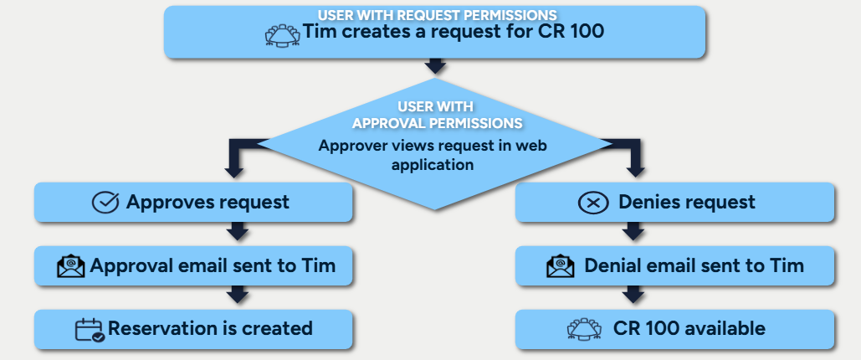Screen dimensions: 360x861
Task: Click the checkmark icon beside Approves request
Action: click(x=105, y=203)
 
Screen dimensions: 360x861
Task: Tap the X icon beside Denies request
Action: click(x=593, y=203)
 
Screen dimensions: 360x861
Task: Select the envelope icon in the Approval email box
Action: click(x=71, y=266)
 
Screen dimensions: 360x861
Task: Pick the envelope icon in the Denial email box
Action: click(x=560, y=266)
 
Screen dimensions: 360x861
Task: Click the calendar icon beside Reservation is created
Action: click(x=89, y=329)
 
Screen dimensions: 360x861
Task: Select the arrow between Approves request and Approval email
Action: click(x=238, y=231)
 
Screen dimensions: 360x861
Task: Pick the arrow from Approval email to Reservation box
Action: click(x=238, y=294)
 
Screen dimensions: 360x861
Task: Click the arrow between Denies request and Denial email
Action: click(x=634, y=231)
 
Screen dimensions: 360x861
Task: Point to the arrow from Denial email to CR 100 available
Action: click(x=634, y=294)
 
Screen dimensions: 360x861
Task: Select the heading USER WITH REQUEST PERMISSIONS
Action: click(x=437, y=15)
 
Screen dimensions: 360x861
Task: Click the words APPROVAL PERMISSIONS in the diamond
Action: click(x=438, y=123)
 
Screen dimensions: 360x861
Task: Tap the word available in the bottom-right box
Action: click(x=725, y=329)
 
